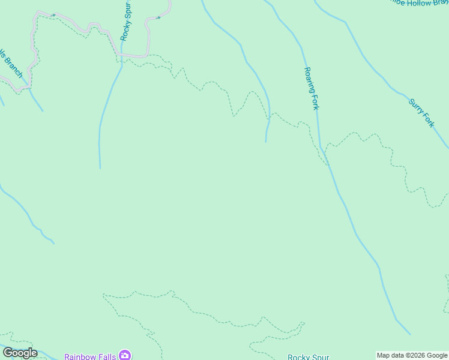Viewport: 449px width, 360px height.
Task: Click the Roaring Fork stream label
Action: point(311,88)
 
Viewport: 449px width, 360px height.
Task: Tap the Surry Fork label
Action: point(421,113)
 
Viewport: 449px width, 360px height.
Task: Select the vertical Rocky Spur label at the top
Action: point(125,22)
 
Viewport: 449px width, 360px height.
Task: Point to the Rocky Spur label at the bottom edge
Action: point(308,357)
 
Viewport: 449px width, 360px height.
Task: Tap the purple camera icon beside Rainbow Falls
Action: point(125,355)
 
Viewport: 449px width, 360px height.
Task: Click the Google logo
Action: point(20,353)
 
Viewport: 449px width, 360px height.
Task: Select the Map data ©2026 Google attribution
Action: point(412,355)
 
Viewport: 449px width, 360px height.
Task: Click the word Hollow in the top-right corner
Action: point(418,3)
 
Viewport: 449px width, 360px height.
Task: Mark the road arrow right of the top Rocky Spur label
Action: point(158,17)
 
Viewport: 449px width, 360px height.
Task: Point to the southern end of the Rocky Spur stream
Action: point(100,167)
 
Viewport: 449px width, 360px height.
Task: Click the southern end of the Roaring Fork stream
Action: point(410,334)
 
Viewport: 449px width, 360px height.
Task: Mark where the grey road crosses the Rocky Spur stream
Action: point(122,55)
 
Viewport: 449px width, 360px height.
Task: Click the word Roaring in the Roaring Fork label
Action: point(309,79)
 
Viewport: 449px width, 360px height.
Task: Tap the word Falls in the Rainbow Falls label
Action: point(107,356)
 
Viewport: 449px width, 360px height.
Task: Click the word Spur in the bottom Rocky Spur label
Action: point(321,357)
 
